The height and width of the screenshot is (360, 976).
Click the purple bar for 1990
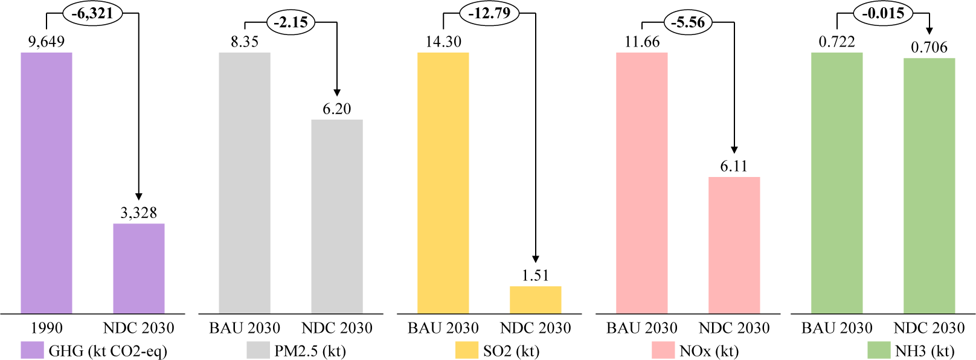pos(47,183)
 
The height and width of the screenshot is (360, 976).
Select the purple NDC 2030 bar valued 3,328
pos(139,269)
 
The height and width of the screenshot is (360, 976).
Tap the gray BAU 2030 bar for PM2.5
pos(245,183)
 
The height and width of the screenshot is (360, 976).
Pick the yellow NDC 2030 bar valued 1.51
pos(535,300)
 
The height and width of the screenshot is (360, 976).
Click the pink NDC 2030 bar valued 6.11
pos(734,245)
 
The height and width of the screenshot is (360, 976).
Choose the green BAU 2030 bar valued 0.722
pos(836,183)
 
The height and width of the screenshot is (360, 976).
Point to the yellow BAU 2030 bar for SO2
pos(443,183)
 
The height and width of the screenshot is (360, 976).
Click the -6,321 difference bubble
pos(92,13)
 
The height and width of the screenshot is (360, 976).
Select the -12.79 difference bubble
pos(489,13)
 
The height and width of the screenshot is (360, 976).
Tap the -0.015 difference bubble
pos(884,13)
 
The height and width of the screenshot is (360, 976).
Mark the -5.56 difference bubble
pos(688,23)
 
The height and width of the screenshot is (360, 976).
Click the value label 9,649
pos(47,42)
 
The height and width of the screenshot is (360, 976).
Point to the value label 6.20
pos(336,109)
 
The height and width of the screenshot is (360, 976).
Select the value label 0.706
pos(929,47)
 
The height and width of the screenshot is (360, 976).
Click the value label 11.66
pos(642,42)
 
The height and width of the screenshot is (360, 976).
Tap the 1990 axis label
pos(47,328)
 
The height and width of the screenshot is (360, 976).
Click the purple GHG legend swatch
pos(32,350)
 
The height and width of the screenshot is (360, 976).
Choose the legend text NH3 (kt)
pos(925,351)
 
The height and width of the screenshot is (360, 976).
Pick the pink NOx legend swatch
pos(663,350)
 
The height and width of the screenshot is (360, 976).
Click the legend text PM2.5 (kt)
pos(310,351)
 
